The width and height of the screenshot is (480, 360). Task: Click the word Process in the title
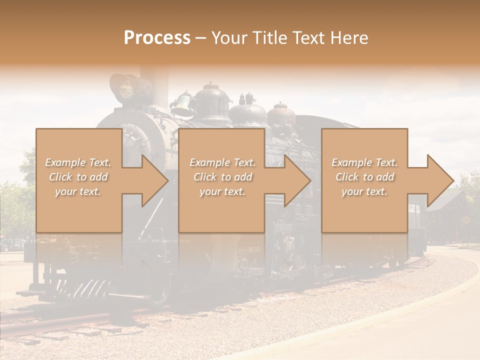point(157,37)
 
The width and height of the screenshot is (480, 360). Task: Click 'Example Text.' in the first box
point(78,162)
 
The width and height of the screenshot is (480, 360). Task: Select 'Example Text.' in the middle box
point(222,162)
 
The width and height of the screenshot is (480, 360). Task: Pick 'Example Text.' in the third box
point(364,162)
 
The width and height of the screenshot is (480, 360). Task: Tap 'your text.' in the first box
point(78,191)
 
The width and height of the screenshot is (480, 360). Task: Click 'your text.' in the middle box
point(222,191)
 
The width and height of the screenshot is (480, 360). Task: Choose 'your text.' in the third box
point(364,191)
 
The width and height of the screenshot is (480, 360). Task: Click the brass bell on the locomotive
point(183,103)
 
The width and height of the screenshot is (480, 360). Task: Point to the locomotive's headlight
point(126,88)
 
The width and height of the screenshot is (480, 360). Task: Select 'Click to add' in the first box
point(78,177)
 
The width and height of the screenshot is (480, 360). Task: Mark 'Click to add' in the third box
point(364,177)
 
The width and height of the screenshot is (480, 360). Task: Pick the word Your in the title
point(227,37)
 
